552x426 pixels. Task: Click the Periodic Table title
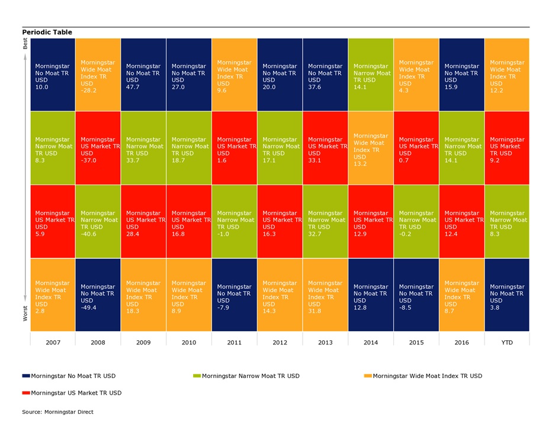[47, 32]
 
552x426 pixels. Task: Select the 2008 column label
[98, 341]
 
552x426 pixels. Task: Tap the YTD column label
[506, 341]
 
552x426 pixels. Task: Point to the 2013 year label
[325, 341]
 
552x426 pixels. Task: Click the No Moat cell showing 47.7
[143, 75]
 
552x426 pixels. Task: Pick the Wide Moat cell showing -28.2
[98, 75]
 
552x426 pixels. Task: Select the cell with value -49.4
[98, 295]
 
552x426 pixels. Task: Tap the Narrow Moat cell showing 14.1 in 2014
[371, 75]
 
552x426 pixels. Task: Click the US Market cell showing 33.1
[325, 148]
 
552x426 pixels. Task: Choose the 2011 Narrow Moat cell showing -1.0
[234, 221]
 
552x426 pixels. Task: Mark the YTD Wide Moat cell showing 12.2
[506, 75]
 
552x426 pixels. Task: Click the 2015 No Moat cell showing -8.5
[416, 295]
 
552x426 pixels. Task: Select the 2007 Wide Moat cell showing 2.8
[53, 295]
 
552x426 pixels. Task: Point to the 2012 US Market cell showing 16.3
[280, 221]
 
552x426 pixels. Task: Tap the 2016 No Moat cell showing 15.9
[461, 75]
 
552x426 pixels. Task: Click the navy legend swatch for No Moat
[25, 376]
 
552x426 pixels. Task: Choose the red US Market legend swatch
[25, 392]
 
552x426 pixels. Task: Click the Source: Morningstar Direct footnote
[57, 412]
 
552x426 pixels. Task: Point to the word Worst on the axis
[25, 313]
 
